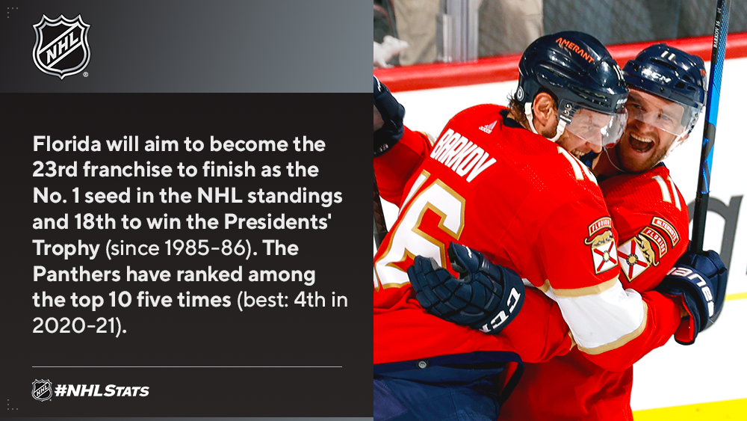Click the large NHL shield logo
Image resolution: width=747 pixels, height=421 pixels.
tap(61, 46)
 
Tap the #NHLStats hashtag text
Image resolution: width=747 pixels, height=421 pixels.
tap(102, 391)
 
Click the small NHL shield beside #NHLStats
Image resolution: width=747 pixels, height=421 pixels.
tap(42, 390)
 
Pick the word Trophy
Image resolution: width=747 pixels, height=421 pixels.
tap(66, 248)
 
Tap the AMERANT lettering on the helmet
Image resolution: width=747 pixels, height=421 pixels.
tap(574, 49)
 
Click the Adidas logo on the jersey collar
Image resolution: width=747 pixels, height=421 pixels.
tap(488, 127)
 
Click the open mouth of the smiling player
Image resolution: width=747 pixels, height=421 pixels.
tap(641, 142)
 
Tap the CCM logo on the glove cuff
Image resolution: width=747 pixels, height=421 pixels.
tap(499, 310)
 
